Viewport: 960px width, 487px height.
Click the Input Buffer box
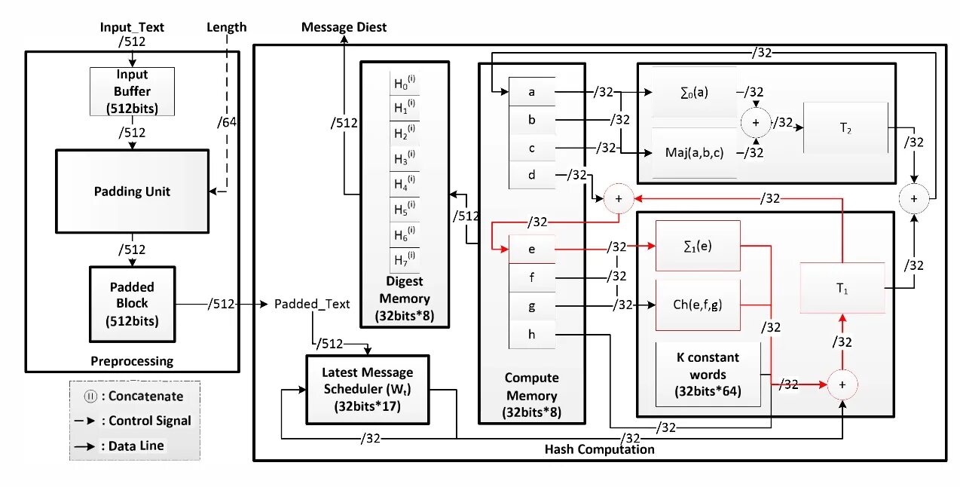pyautogui.click(x=132, y=91)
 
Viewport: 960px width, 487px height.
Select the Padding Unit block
pyautogui.click(x=132, y=191)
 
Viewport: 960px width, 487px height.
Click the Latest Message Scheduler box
pyautogui.click(x=367, y=388)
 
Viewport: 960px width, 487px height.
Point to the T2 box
pyautogui.click(x=846, y=128)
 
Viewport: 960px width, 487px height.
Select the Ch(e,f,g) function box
pyautogui.click(x=698, y=305)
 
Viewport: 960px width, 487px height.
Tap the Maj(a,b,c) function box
pyautogui.click(x=694, y=153)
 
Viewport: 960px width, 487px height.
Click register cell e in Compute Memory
pyautogui.click(x=532, y=248)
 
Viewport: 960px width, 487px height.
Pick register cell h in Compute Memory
pyautogui.click(x=532, y=335)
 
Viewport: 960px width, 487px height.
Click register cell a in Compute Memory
pyautogui.click(x=532, y=92)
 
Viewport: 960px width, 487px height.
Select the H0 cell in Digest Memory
pyautogui.click(x=405, y=84)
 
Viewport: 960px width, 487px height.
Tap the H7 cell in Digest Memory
pyautogui.click(x=405, y=260)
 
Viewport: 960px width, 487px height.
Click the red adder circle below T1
pyautogui.click(x=842, y=384)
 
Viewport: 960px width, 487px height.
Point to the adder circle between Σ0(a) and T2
pyautogui.click(x=756, y=122)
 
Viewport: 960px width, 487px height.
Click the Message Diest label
pyautogui.click(x=344, y=27)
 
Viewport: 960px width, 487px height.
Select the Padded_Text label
pyautogui.click(x=312, y=304)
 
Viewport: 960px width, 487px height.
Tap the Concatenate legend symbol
pyautogui.click(x=90, y=396)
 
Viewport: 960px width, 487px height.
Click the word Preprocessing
pyautogui.click(x=132, y=360)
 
